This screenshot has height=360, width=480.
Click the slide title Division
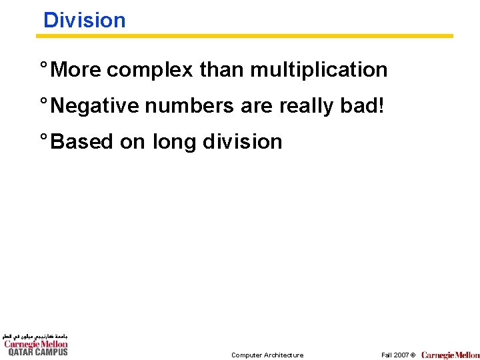pos(84,20)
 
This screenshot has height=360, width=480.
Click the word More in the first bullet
pos(76,69)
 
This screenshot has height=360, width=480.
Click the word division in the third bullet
pos(242,141)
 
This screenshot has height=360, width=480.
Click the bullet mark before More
pos(43,67)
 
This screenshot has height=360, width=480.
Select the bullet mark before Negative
pos(43,103)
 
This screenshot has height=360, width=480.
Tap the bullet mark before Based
pos(43,139)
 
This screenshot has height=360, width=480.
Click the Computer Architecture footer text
pos(267,355)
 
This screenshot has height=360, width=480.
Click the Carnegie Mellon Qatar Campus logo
pos(35,345)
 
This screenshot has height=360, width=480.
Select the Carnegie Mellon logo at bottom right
pos(450,355)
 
